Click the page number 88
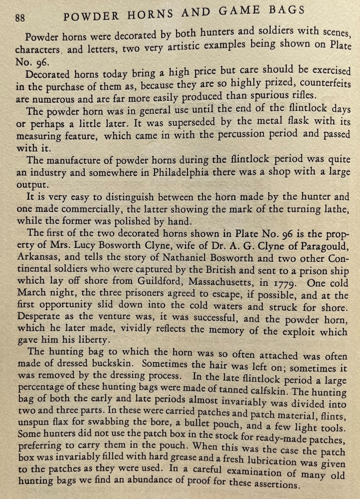[x=20, y=18]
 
